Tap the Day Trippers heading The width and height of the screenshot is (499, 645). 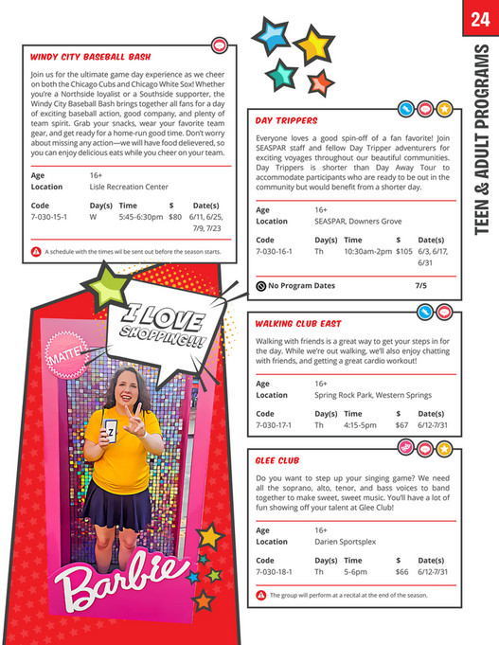(x=286, y=121)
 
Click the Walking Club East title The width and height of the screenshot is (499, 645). (x=298, y=323)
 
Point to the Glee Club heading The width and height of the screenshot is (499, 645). (x=278, y=460)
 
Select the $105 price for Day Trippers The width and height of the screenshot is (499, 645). (x=404, y=253)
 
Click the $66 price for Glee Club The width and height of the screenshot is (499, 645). (x=401, y=572)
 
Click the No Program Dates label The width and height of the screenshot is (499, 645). (x=301, y=285)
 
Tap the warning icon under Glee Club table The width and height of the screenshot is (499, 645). (x=260, y=595)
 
